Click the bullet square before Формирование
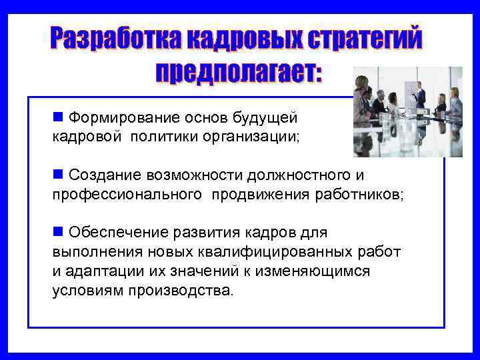tap(57, 117)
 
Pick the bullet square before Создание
tap(57, 174)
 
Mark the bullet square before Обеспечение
tap(57, 231)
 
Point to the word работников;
tap(360, 194)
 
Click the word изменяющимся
tap(313, 271)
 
